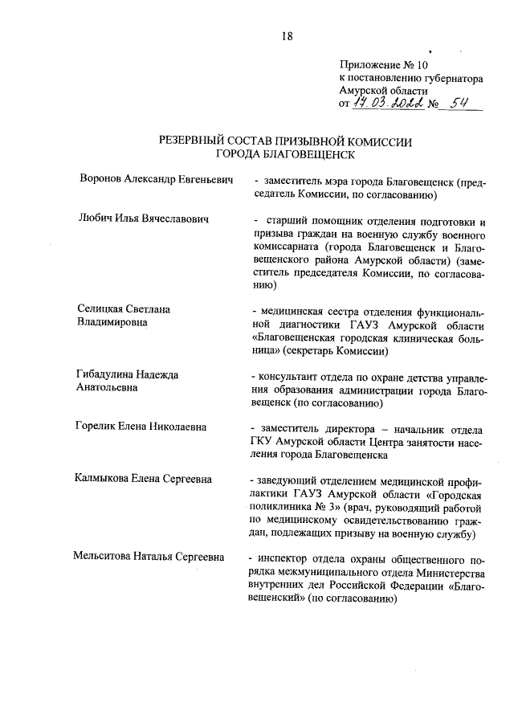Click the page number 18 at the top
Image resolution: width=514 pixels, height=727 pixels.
(x=288, y=35)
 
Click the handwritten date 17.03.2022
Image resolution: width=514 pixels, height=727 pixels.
(x=387, y=104)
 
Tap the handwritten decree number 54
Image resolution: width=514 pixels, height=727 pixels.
(x=459, y=104)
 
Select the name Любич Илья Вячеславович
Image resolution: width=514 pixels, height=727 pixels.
(x=144, y=219)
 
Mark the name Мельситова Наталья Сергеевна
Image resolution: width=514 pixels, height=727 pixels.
(x=149, y=557)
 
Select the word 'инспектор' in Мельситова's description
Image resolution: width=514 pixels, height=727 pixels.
(x=286, y=558)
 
